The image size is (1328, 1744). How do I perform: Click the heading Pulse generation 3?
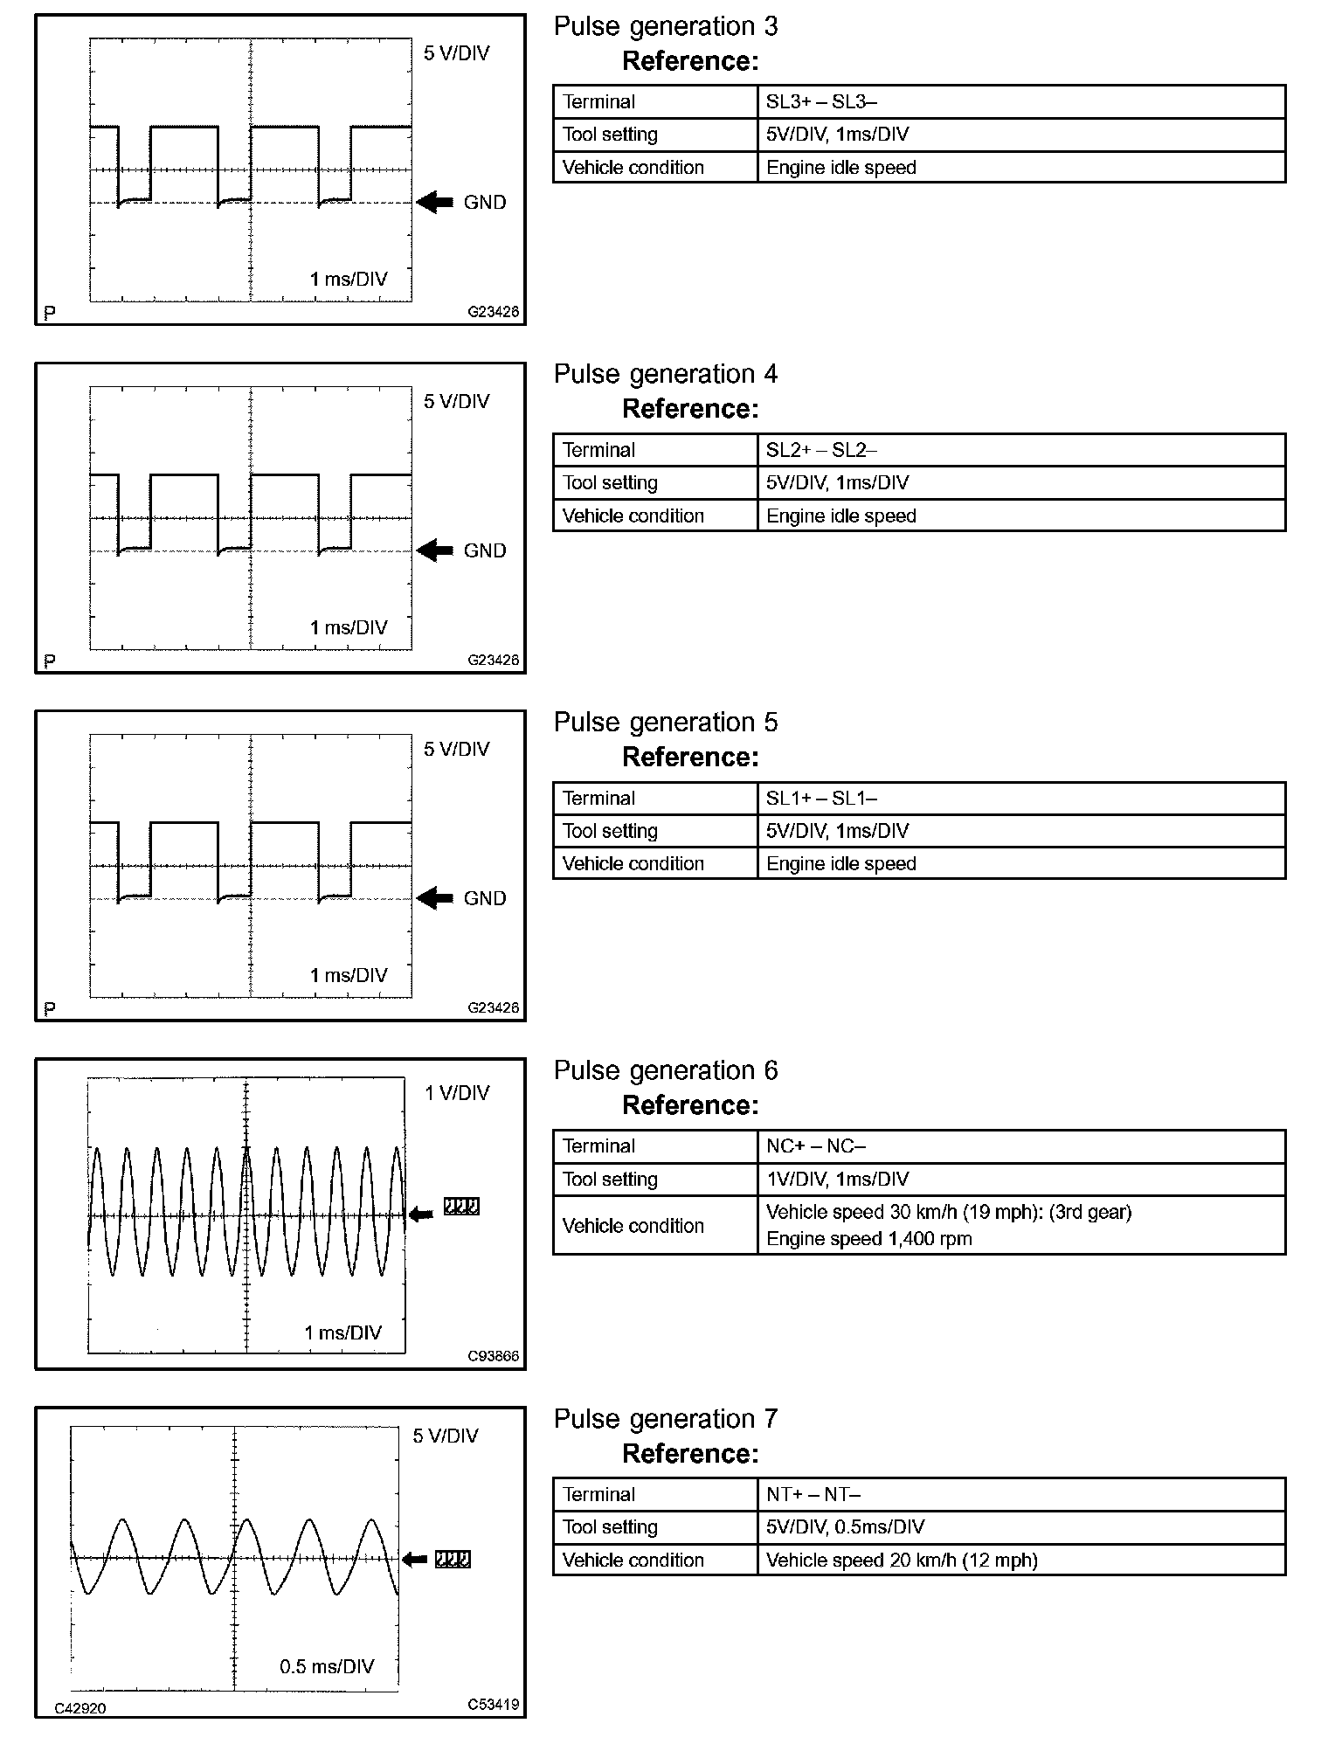(x=665, y=27)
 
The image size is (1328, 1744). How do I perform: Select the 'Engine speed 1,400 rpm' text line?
(x=868, y=1239)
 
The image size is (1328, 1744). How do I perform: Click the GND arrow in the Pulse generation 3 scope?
(x=434, y=203)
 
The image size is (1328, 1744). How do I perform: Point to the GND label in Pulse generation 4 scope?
(x=485, y=551)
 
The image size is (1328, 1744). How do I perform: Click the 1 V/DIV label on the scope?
(x=457, y=1093)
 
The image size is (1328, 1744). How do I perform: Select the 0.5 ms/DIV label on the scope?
(x=327, y=1667)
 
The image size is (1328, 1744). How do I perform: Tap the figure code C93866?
(x=493, y=1357)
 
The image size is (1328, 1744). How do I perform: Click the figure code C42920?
(x=80, y=1708)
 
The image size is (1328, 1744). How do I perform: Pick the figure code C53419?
(x=493, y=1705)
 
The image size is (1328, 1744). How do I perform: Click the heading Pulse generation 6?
(x=665, y=1071)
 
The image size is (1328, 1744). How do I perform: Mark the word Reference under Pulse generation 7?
(x=689, y=1454)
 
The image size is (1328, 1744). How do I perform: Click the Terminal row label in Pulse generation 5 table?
(x=598, y=798)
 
